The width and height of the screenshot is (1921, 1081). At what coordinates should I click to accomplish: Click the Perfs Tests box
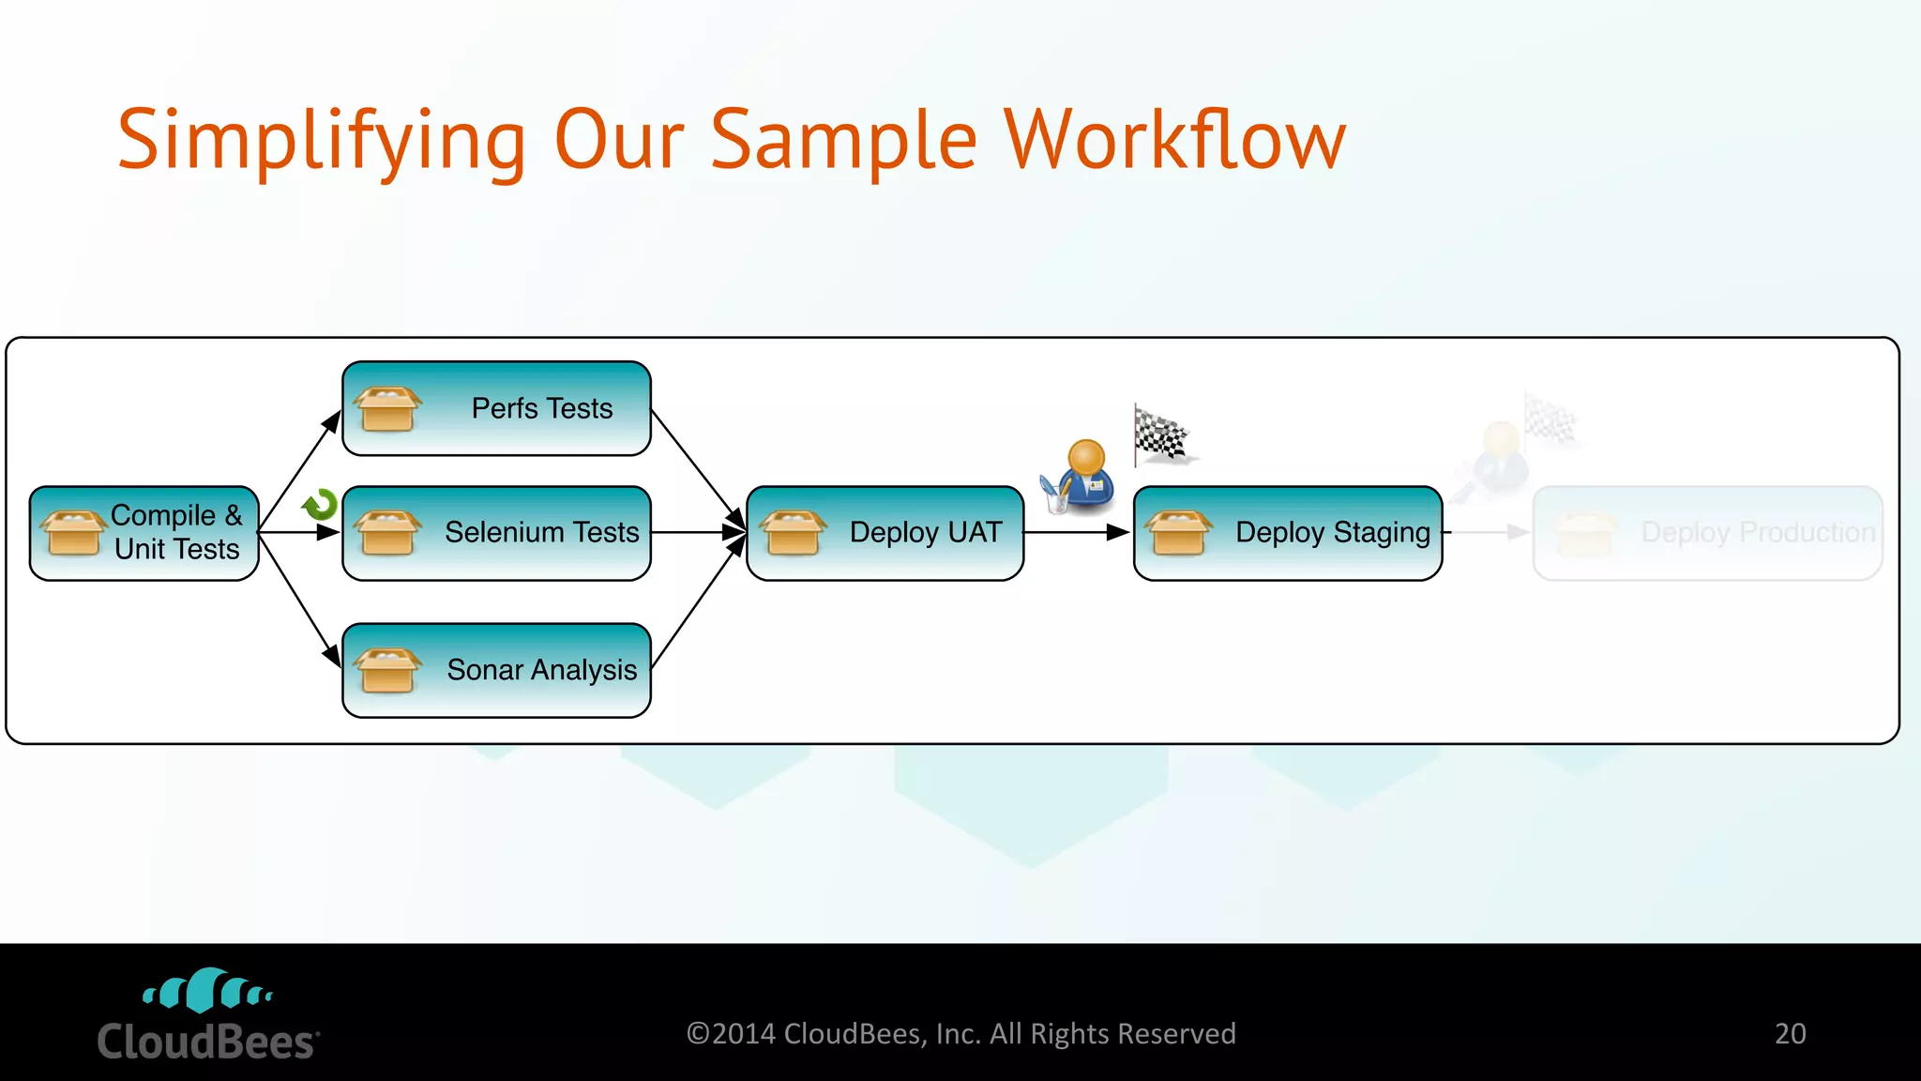pos(496,408)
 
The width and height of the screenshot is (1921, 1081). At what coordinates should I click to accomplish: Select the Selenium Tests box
pos(496,532)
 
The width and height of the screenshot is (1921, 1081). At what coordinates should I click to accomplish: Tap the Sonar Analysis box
pos(496,670)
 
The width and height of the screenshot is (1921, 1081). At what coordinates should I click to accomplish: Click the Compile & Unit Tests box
pos(144,532)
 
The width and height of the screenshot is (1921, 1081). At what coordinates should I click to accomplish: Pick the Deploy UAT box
pos(885,532)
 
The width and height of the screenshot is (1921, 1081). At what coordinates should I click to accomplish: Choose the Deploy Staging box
pos(1287,532)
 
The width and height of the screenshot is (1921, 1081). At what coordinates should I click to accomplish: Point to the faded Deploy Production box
pos(1707,532)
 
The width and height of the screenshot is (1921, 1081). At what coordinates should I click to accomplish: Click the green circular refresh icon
pos(320,505)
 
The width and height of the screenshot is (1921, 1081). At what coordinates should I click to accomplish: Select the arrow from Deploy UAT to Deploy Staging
pos(1077,532)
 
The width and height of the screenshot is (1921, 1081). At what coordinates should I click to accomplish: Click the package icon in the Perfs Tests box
pos(387,409)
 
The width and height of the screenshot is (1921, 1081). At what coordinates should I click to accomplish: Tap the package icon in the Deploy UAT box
pos(793,532)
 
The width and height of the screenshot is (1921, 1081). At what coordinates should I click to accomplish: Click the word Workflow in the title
pos(1174,141)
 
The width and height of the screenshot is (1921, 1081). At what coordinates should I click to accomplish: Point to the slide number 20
pos(1790,1033)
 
